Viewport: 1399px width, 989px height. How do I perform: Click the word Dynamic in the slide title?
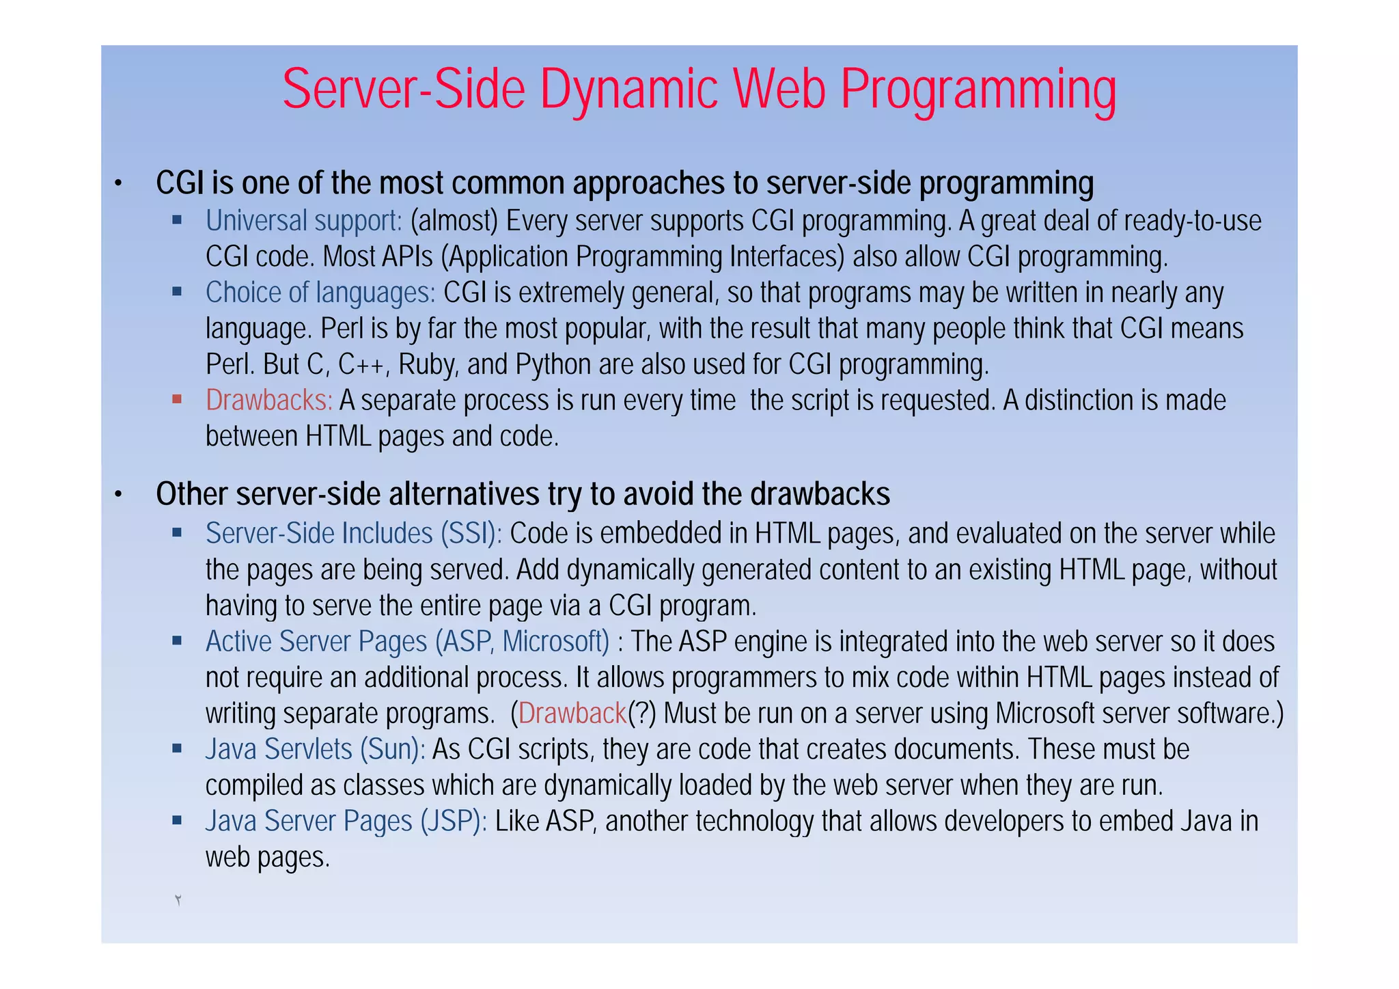[x=629, y=90]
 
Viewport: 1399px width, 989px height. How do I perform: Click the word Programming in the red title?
[x=978, y=90]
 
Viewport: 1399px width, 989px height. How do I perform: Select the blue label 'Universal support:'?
[x=304, y=221]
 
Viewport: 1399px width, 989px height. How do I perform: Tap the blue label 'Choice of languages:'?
[x=320, y=293]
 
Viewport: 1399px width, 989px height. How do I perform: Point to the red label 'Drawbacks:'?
[x=269, y=401]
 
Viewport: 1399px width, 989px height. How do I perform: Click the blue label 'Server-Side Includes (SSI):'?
[x=354, y=534]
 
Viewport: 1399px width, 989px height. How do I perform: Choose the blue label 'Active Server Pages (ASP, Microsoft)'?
[x=407, y=642]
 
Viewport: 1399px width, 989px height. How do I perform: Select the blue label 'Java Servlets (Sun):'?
[x=316, y=750]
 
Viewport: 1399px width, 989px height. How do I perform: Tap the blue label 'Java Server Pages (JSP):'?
[x=346, y=822]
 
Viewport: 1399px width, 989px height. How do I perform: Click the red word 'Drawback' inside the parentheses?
[x=572, y=714]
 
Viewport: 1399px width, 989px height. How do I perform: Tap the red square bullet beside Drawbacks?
[x=177, y=399]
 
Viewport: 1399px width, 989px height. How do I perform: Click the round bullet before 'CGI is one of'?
[x=117, y=183]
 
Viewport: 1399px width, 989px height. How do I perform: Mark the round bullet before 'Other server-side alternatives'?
[x=117, y=495]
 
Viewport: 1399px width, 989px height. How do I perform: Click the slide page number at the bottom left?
[x=178, y=900]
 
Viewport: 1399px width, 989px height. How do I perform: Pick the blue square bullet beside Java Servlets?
[x=177, y=748]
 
